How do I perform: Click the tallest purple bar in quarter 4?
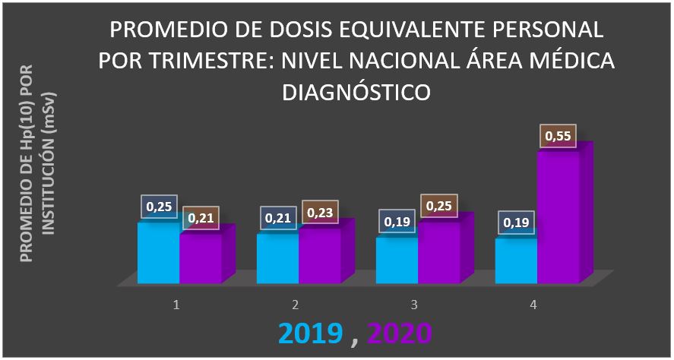(559, 216)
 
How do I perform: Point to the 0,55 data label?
(559, 137)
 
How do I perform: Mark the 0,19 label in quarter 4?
(517, 223)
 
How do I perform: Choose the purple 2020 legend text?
(399, 333)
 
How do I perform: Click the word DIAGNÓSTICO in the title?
(356, 92)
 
